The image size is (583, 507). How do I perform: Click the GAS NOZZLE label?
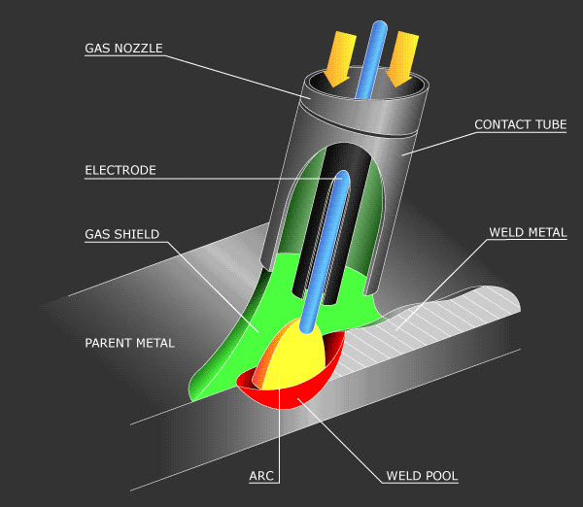pos(123,49)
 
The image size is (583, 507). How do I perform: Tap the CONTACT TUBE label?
pos(521,124)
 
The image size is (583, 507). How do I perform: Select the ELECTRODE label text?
pos(120,170)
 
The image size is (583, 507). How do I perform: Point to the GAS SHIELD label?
pos(122,234)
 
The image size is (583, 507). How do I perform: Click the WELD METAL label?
pos(528,232)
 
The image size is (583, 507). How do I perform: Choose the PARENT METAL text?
pos(130,343)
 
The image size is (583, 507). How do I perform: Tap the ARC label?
pos(261,476)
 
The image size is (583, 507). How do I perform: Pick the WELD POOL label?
pos(422,476)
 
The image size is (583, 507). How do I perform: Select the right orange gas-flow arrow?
pos(401,59)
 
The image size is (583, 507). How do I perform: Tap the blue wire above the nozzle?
pos(372,59)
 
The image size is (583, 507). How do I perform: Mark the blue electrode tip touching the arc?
pos(307,327)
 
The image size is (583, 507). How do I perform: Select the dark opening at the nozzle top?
pos(366,84)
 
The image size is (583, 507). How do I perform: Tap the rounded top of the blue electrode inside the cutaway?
pos(343,177)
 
